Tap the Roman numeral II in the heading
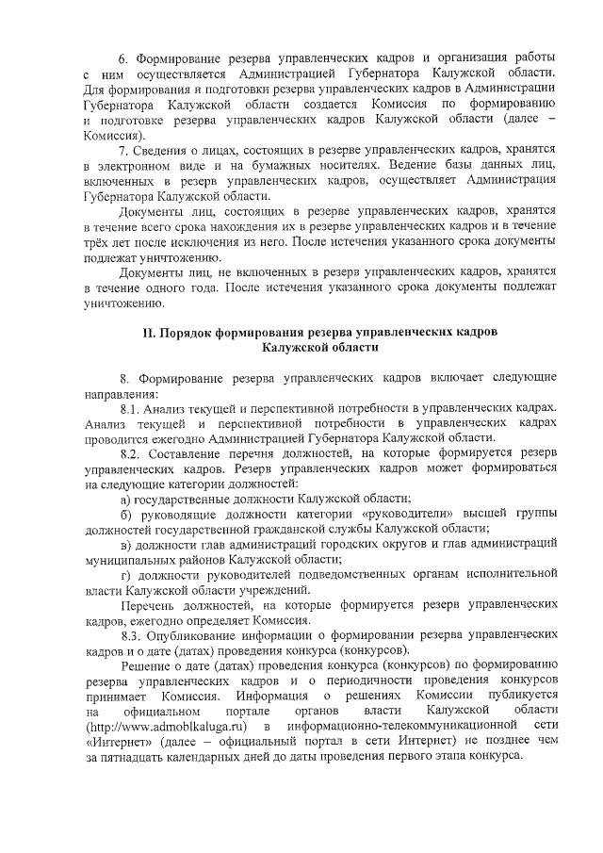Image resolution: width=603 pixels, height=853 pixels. coord(148,332)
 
